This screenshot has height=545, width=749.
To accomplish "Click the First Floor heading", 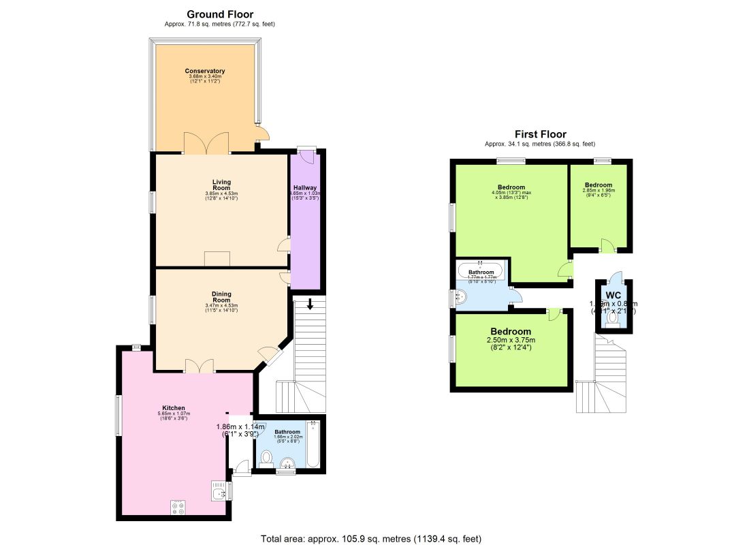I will click(x=540, y=134).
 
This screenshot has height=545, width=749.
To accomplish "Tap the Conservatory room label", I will click(x=205, y=71).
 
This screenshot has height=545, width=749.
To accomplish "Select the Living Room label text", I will click(x=221, y=185).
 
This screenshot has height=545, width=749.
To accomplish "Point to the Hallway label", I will click(x=305, y=187).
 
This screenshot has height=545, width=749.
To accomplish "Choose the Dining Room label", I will click(x=221, y=297).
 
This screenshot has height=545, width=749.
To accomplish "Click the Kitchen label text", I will click(x=174, y=408).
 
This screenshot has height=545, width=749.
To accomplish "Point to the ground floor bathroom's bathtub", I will click(x=313, y=445).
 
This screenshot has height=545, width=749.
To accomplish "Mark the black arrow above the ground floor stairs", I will click(x=310, y=304).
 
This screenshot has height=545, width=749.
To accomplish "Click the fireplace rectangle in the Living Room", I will click(x=217, y=258).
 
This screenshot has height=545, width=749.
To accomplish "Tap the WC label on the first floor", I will click(x=613, y=296).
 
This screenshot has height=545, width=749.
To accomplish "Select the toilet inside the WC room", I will click(x=613, y=317).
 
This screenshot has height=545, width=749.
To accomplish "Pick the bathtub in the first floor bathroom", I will click(x=479, y=271).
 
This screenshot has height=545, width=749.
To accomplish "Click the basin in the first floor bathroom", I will click(x=462, y=297).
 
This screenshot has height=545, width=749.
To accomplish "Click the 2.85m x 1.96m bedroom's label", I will click(x=599, y=185).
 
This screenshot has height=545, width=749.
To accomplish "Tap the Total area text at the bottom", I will click(x=371, y=539).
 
